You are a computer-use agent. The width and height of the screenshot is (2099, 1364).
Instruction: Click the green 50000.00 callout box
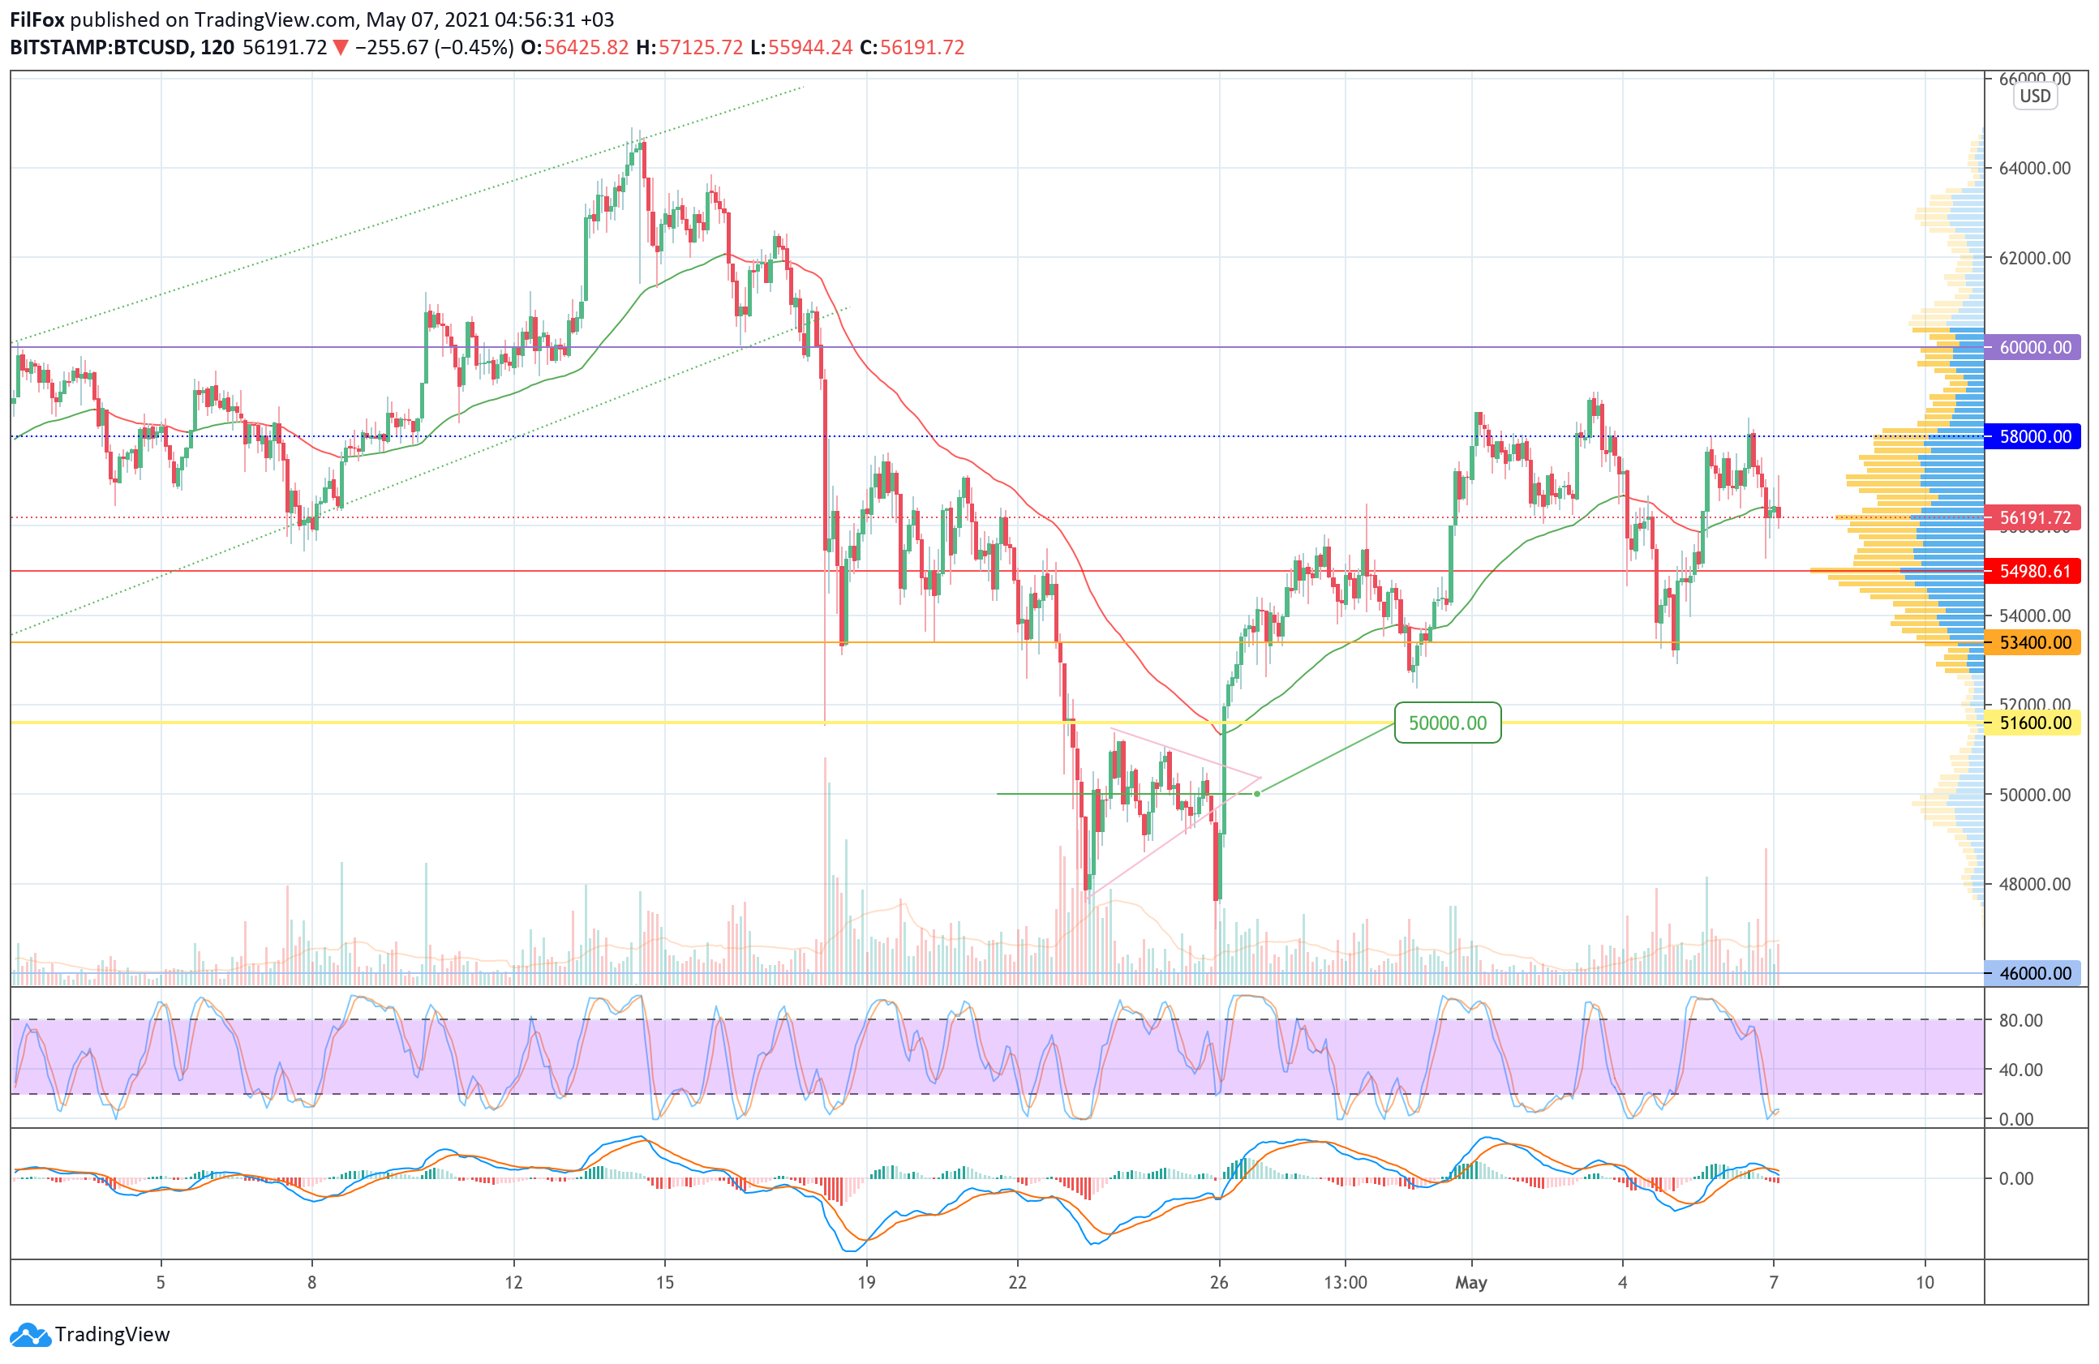(1446, 723)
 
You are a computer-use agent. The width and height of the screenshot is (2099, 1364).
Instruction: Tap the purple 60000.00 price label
(2034, 347)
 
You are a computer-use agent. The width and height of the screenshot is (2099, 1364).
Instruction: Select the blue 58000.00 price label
(2034, 436)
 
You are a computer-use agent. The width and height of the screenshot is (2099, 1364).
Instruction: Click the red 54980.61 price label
(2034, 572)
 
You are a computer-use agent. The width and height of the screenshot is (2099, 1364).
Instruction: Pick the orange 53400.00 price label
(2034, 643)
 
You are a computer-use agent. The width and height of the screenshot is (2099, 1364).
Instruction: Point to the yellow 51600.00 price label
(2034, 723)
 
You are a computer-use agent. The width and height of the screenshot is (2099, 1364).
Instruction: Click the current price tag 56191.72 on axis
(2034, 517)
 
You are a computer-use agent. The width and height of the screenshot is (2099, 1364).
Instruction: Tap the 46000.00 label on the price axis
(2034, 973)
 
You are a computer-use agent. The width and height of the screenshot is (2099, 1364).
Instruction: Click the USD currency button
(2035, 97)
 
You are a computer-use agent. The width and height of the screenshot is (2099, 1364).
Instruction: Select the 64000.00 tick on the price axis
(2035, 168)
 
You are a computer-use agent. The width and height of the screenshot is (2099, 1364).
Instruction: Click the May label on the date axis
(1471, 1283)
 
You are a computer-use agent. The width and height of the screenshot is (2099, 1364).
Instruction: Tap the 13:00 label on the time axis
(1345, 1283)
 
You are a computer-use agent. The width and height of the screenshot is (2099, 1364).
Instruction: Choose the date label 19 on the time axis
(866, 1283)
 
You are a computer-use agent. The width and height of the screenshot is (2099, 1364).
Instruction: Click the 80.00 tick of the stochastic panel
(2020, 1020)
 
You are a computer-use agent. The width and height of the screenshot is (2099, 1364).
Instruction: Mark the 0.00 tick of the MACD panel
(2015, 1179)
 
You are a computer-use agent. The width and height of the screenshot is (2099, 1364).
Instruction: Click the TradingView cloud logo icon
(31, 1335)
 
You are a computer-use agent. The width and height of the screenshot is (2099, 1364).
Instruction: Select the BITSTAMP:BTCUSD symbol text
(100, 48)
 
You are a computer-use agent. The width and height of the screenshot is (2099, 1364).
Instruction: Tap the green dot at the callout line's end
(1257, 794)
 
